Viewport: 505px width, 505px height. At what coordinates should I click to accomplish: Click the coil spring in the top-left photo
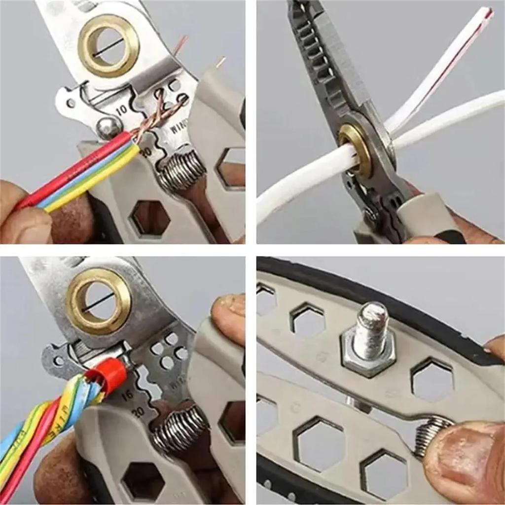[182, 170]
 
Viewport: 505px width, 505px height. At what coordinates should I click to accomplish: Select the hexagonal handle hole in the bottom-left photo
[143, 481]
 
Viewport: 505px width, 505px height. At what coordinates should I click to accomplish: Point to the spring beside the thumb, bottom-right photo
[429, 434]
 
